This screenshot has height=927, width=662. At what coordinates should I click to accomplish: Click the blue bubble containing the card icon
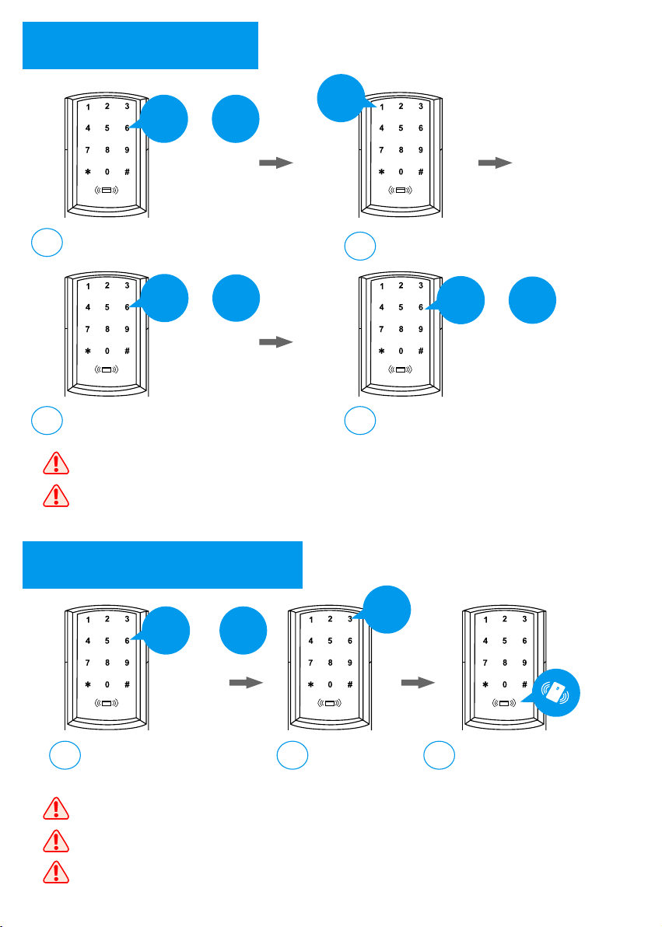[556, 693]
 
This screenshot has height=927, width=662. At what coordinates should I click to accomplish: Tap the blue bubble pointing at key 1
[342, 98]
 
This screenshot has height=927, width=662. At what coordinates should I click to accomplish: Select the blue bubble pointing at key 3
[387, 610]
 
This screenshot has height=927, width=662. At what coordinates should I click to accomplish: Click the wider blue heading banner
[162, 565]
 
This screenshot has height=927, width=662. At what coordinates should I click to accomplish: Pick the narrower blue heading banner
[140, 46]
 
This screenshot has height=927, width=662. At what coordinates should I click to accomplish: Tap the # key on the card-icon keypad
[524, 684]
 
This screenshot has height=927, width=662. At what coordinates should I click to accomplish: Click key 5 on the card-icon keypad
[505, 641]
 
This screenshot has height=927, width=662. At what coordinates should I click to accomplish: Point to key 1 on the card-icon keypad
[485, 620]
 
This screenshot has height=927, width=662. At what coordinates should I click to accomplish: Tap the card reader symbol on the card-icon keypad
[504, 703]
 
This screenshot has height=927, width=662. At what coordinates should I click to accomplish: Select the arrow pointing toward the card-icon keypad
[418, 683]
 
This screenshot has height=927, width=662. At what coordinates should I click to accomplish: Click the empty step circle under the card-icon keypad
[439, 755]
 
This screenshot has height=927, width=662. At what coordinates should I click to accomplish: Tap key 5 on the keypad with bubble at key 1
[401, 128]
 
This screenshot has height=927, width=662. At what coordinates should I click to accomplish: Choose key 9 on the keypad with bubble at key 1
[421, 150]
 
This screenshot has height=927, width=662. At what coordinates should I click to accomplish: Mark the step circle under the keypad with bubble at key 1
[359, 246]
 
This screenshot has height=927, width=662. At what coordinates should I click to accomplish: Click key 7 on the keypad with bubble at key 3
[310, 663]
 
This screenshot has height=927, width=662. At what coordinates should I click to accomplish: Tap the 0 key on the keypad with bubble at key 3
[330, 684]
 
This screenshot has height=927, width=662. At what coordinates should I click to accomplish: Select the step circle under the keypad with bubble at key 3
[292, 755]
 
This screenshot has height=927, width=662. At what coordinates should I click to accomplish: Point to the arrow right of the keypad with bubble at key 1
[496, 163]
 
